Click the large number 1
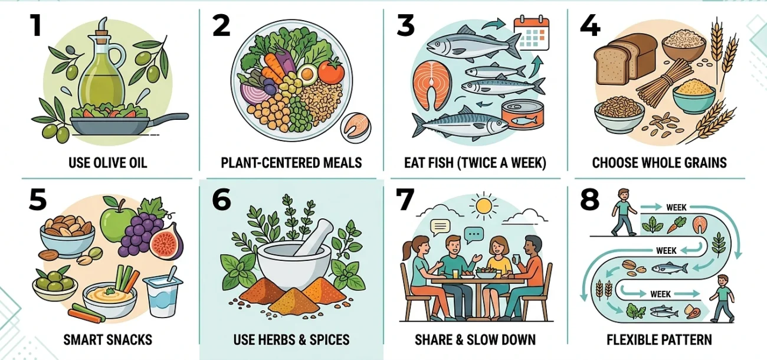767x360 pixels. (35, 25)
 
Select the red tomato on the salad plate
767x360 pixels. (331, 71)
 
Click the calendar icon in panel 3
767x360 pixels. (532, 32)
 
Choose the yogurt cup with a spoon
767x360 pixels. (163, 294)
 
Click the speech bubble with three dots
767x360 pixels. (474, 235)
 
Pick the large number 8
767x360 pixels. (589, 199)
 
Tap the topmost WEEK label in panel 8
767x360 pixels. (676, 207)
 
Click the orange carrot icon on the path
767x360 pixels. (676, 225)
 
